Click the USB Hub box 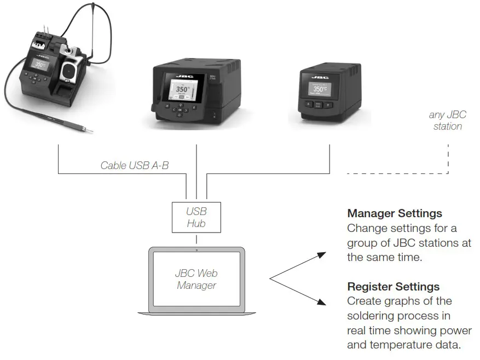click(196, 217)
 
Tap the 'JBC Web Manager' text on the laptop click(196, 279)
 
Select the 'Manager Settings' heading click(394, 213)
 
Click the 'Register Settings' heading click(393, 287)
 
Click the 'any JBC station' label click(447, 120)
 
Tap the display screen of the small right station click(320, 88)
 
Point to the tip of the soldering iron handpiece click(91, 131)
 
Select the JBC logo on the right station click(320, 77)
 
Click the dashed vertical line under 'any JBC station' click(448, 159)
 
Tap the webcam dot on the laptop click(196, 250)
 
